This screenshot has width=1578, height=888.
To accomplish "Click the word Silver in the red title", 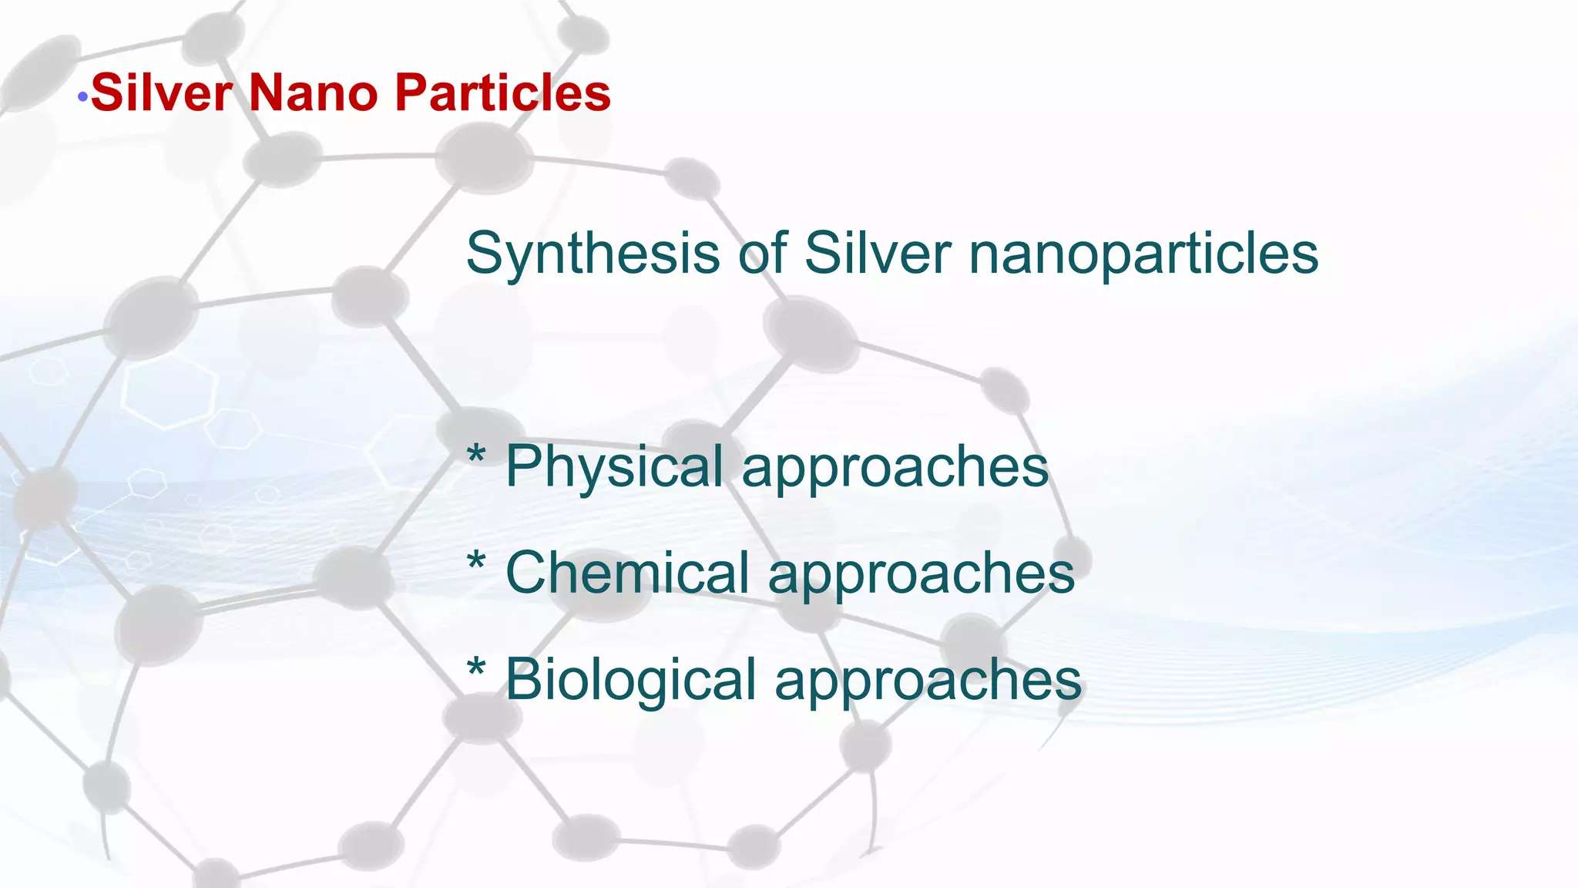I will click(162, 93).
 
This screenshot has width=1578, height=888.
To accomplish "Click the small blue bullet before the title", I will click(82, 98).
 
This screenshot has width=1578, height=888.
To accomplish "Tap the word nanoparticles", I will click(1143, 254).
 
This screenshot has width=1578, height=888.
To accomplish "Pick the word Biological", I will click(630, 680).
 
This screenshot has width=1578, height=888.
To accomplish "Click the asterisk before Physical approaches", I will click(476, 454).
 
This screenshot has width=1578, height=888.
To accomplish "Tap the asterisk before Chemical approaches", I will click(476, 560).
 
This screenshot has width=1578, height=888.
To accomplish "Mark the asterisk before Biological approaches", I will click(476, 667).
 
